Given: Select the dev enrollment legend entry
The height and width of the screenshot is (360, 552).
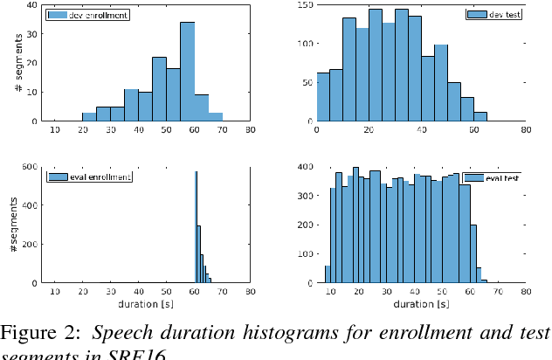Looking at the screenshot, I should click(x=86, y=15).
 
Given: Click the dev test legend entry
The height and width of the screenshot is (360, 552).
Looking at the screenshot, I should click(x=494, y=15).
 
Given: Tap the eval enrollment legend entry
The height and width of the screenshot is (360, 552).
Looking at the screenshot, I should click(x=88, y=177).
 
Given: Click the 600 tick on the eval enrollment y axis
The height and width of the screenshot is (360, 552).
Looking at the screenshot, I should click(x=31, y=167).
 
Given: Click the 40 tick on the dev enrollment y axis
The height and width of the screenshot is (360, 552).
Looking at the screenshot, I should click(x=32, y=5).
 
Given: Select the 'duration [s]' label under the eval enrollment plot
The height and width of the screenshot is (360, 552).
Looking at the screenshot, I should click(x=144, y=305).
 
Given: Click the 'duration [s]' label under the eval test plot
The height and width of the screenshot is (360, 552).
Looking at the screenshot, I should click(x=420, y=305).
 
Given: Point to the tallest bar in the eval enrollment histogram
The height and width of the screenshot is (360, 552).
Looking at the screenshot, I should click(x=196, y=227).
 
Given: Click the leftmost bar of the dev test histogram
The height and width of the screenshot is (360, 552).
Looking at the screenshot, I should click(x=323, y=98).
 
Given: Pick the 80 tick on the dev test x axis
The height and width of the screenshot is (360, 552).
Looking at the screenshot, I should click(x=525, y=130).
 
